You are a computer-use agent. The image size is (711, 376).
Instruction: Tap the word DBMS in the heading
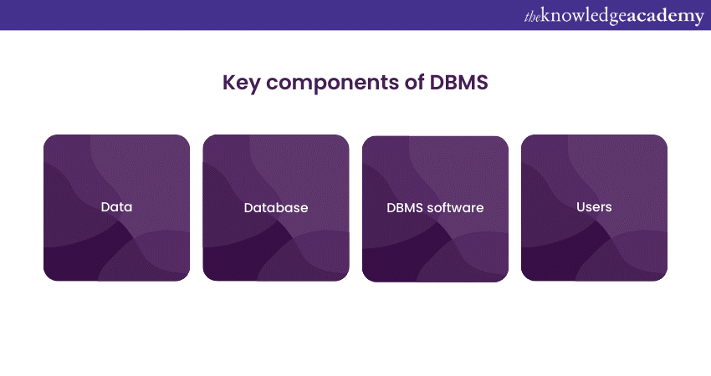458,82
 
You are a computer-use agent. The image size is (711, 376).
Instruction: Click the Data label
116,207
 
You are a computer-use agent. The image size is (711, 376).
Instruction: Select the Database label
276,207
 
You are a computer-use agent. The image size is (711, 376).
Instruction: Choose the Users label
594,207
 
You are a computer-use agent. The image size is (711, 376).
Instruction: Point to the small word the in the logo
532,18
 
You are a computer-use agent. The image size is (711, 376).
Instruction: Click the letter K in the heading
228,82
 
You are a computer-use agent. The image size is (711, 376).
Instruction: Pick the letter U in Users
581,207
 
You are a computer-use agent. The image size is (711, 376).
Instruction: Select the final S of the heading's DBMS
482,82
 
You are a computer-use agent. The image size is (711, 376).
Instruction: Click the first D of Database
248,207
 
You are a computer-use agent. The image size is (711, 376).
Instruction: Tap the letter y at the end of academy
698,19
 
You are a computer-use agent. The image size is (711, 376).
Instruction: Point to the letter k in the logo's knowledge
545,15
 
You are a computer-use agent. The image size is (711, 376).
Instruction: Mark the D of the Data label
105,207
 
